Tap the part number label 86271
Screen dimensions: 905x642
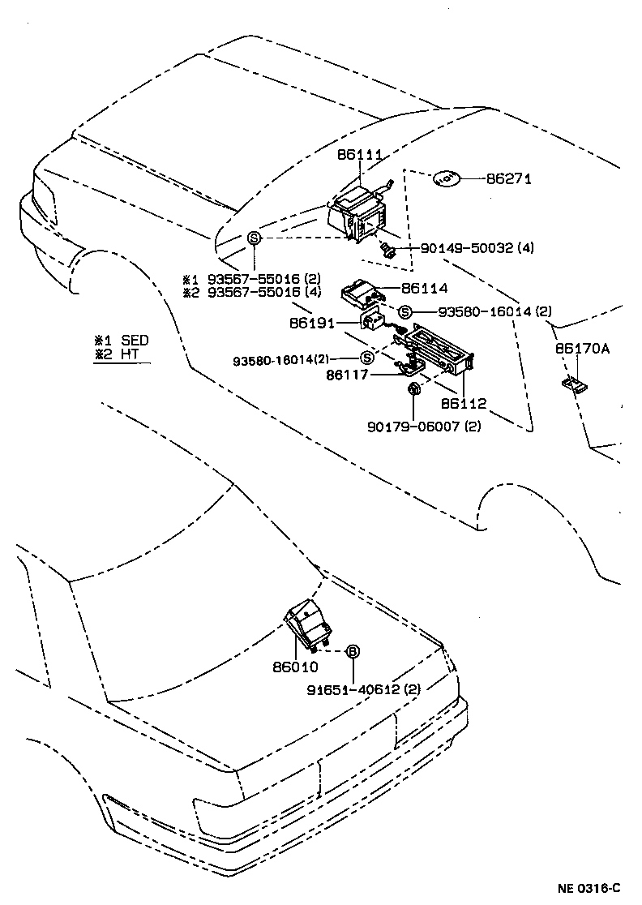508,178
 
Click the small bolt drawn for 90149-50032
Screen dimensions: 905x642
387,249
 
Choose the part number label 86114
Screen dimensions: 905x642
424,287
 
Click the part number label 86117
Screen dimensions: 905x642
349,375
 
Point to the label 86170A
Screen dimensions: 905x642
581,350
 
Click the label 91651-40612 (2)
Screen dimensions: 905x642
364,690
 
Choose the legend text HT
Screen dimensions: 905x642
131,354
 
